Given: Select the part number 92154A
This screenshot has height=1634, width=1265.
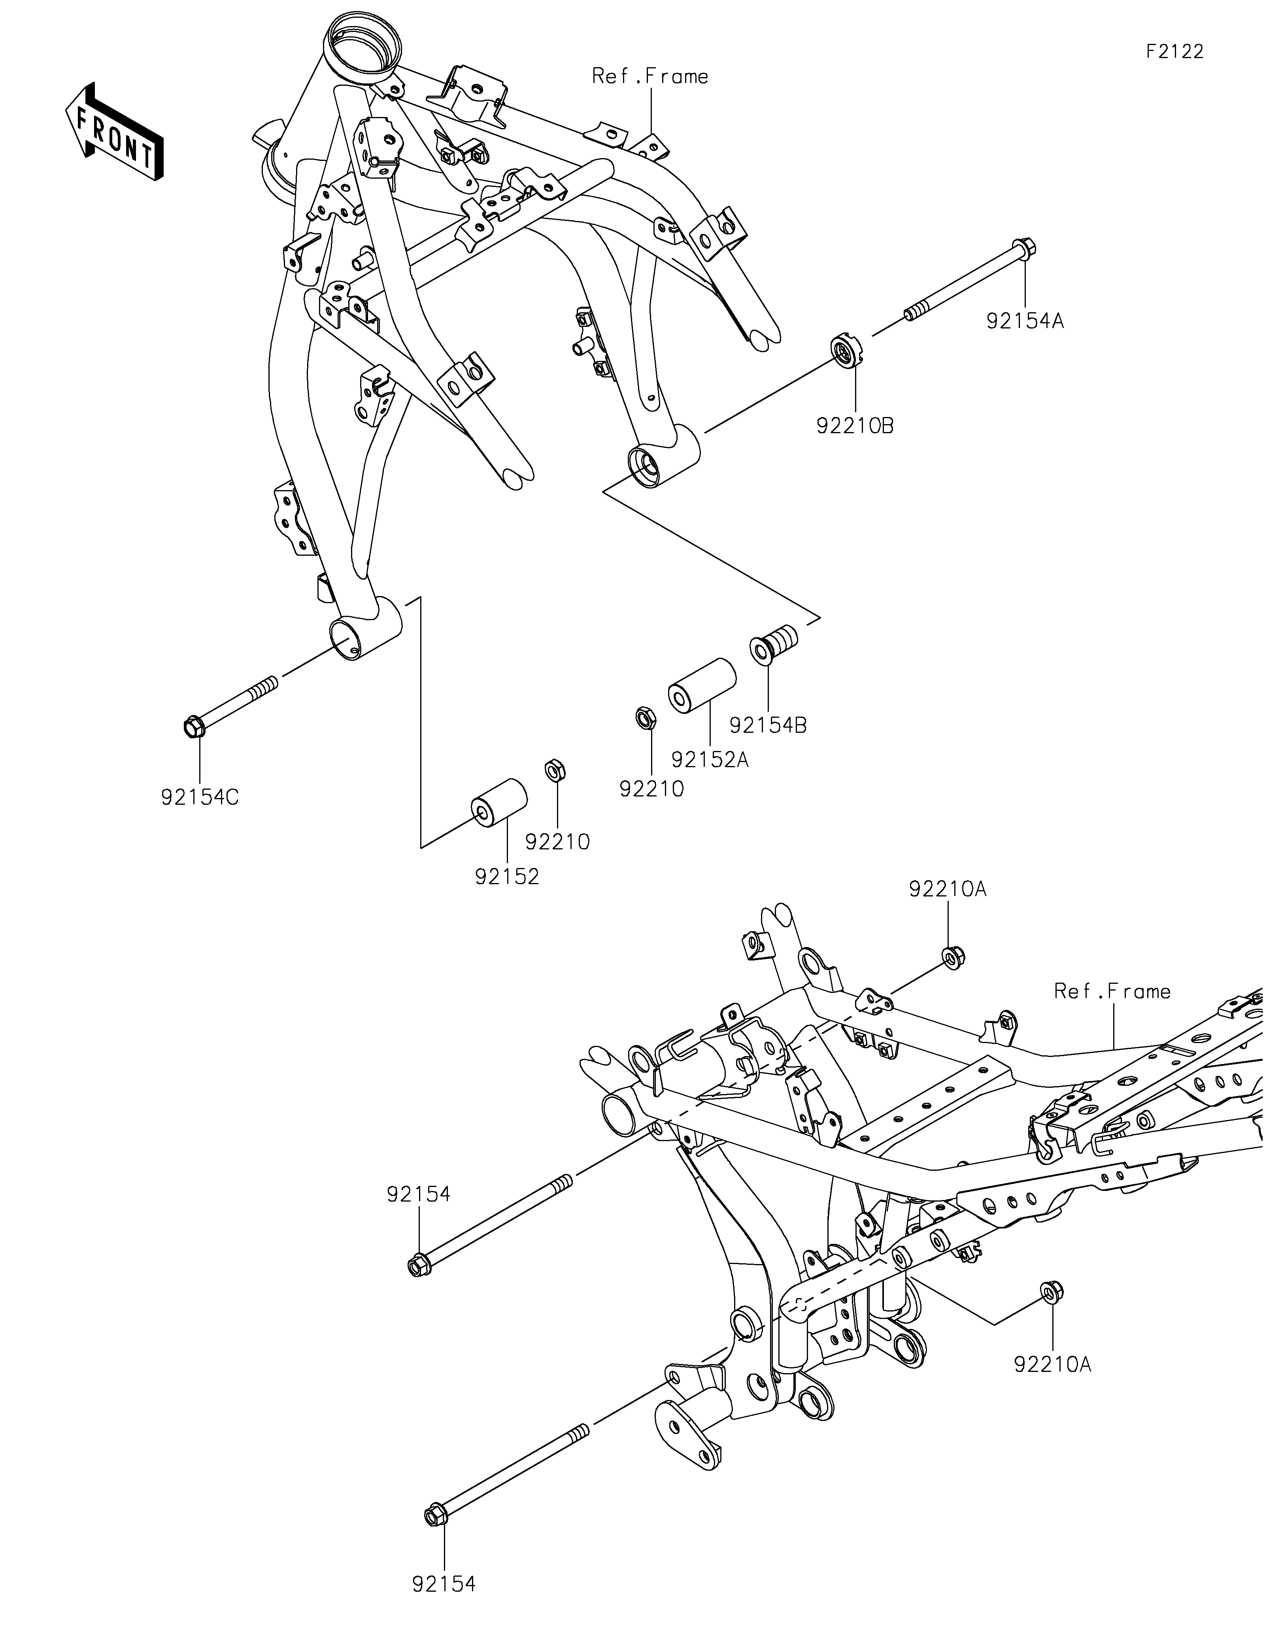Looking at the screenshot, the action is tap(1025, 321).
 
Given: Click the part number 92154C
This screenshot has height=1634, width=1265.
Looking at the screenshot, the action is tap(200, 798).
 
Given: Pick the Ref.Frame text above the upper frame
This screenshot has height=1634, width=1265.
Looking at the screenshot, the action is tap(650, 76).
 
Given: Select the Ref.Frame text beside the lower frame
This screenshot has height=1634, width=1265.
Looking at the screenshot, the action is tap(1112, 991).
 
